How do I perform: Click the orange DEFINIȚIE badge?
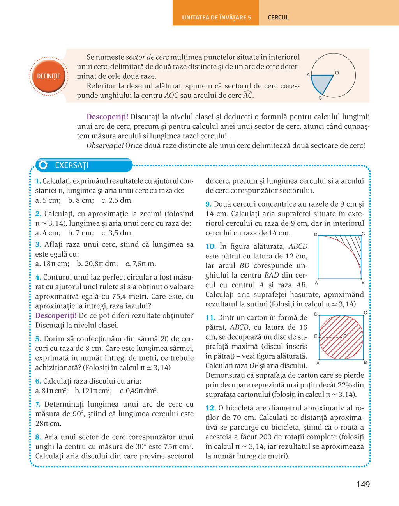49,76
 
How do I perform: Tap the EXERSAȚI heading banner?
84,165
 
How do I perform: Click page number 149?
363,485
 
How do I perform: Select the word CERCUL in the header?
278,18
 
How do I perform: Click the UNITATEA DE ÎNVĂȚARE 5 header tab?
216,18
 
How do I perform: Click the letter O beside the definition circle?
337,73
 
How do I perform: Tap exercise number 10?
210,246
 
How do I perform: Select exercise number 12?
210,408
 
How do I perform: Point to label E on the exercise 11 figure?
316,336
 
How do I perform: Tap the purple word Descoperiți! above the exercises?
107,117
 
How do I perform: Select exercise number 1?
38,181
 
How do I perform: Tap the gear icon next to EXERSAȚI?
43,165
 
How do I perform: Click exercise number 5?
38,339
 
